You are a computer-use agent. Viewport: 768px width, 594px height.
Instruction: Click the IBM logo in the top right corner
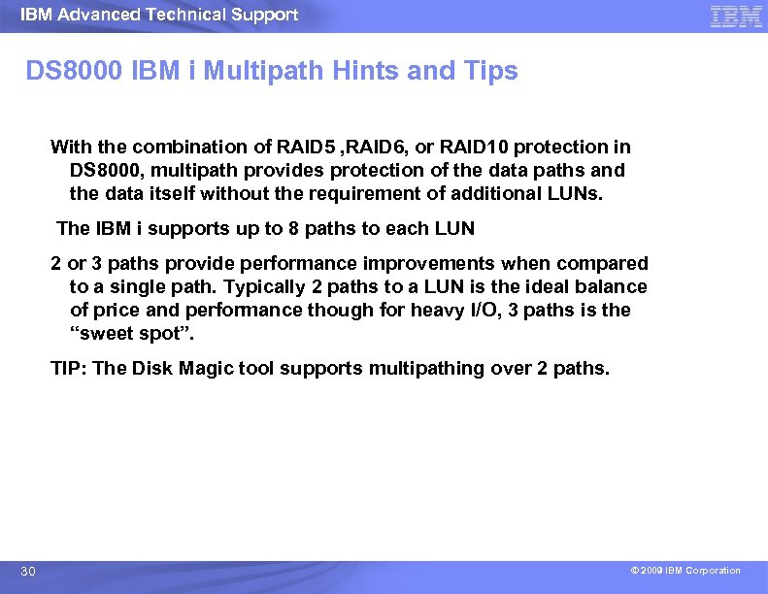(736, 16)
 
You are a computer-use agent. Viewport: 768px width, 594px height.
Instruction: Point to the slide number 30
(28, 572)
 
